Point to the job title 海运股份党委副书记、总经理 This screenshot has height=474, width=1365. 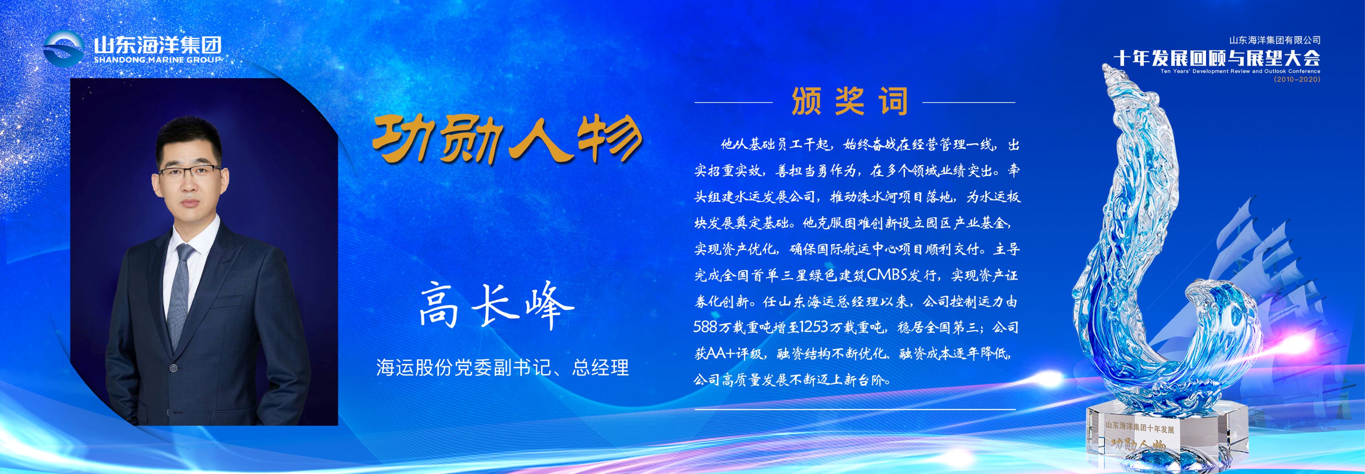(x=502, y=367)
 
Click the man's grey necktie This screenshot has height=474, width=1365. (x=181, y=286)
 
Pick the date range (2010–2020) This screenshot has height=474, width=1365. (x=1297, y=79)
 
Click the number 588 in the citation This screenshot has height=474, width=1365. (x=705, y=327)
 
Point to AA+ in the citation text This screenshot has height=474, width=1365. (x=727, y=352)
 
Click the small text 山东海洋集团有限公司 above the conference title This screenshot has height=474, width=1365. (x=1275, y=40)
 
